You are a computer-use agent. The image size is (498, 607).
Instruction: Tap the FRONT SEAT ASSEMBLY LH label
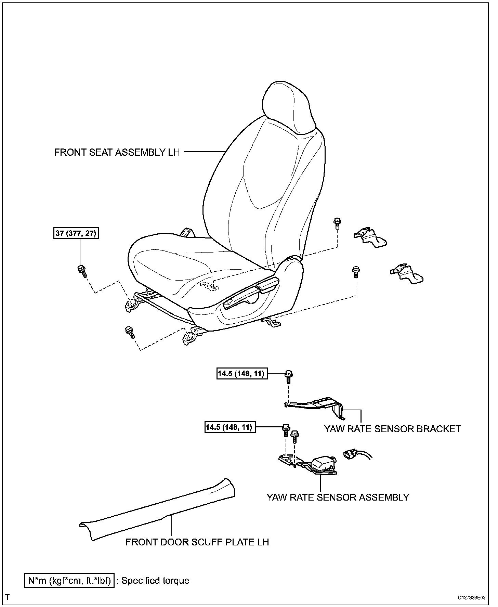(117, 152)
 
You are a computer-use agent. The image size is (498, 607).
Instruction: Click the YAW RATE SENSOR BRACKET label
(392, 429)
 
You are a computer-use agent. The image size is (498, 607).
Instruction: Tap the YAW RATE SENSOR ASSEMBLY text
(338, 497)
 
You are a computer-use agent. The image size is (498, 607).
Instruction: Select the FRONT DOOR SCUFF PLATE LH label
(197, 542)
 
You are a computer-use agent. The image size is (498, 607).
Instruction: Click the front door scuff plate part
(157, 510)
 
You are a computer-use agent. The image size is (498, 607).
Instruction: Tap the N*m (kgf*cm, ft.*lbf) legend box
(69, 580)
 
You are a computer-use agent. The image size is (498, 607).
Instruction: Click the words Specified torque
(155, 581)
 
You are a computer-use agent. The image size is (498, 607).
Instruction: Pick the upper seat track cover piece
(370, 237)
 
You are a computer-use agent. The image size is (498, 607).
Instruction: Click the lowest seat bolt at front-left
(130, 332)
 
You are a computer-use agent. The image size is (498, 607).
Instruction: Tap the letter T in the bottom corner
(7, 597)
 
